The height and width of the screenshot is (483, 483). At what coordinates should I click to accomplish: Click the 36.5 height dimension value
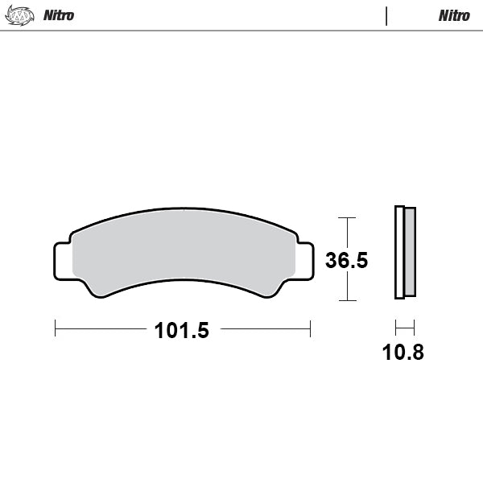(346, 261)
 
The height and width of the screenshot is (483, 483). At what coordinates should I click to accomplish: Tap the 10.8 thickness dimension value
(403, 352)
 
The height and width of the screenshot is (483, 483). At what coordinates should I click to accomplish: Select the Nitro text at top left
(58, 15)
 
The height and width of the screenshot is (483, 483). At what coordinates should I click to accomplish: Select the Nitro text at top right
(454, 15)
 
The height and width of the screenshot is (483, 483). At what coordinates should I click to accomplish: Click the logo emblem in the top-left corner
(20, 15)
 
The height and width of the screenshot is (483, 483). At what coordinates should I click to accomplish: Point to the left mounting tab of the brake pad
(62, 259)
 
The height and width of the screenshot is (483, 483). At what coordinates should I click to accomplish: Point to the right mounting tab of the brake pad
(305, 259)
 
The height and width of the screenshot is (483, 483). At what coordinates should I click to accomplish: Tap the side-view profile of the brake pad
(405, 253)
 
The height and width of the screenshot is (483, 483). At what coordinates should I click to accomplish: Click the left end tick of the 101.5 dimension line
(55, 328)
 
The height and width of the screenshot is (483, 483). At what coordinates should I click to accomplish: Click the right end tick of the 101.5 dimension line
(310, 328)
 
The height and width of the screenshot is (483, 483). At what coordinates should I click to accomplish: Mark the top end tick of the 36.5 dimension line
(346, 217)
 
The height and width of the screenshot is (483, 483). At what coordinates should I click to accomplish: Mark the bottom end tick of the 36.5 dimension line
(346, 301)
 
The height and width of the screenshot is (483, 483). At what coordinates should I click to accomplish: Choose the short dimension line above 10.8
(404, 328)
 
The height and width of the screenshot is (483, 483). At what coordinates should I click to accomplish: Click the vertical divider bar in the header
(386, 15)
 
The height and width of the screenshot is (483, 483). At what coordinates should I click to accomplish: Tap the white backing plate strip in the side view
(398, 253)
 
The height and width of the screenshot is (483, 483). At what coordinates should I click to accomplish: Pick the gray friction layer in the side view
(410, 251)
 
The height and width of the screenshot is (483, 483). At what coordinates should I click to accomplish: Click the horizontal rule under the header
(242, 31)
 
